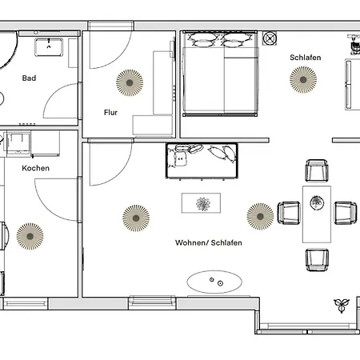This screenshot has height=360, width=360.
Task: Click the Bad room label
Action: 29,78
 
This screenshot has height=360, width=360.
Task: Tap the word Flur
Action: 110,113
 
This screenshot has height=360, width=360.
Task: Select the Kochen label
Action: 36,168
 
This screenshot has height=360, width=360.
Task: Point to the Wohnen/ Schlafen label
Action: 209,242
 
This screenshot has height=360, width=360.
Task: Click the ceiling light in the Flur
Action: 130,82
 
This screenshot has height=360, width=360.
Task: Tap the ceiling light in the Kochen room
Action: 30,236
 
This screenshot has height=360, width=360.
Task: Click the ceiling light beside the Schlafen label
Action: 303,80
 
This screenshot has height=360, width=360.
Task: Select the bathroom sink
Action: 49,47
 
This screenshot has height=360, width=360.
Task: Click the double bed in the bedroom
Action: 220,74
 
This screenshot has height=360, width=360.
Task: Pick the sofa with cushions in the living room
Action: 202,161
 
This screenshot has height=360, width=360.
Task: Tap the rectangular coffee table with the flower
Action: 201,203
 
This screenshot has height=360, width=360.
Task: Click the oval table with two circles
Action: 214,282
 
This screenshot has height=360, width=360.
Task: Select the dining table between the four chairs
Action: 317,214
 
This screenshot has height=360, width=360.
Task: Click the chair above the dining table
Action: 317,170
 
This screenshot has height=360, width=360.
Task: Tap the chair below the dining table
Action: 317,260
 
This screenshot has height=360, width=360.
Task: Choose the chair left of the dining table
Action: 289,213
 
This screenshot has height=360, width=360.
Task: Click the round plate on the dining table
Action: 317,203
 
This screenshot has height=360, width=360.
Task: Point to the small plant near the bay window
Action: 342,305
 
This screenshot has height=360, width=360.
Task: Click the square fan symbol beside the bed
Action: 270,38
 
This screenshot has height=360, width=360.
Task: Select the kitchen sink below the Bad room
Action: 18,144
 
